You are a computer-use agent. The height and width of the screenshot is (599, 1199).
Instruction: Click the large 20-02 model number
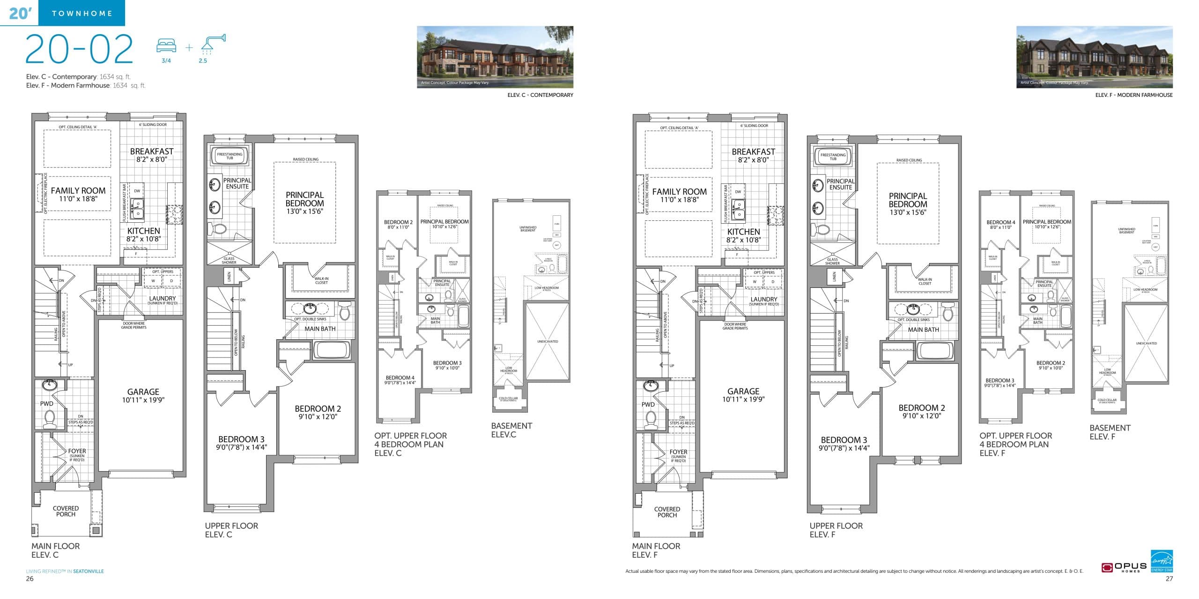79,49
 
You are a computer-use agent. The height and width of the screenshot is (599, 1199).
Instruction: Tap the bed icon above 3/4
166,45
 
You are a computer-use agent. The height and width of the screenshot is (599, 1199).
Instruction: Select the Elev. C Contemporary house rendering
495,57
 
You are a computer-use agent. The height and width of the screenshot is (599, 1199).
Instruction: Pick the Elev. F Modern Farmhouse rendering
1094,57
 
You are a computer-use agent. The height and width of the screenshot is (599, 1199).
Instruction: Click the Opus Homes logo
1124,568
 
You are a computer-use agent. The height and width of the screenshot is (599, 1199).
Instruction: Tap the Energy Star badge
1162,561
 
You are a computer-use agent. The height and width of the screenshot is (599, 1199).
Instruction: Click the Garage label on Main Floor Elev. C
143,392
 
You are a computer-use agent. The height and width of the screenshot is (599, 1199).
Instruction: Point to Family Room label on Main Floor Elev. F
679,191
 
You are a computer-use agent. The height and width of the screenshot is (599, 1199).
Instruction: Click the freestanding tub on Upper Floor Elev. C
229,156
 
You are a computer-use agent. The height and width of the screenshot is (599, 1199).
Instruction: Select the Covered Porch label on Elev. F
667,512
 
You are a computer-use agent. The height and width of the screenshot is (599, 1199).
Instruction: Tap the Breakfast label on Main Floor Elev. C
152,151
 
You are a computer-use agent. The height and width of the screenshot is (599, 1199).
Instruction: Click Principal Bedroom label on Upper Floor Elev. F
908,200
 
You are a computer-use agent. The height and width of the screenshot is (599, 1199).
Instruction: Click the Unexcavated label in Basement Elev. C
548,342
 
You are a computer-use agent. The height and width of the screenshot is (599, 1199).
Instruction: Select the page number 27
1169,579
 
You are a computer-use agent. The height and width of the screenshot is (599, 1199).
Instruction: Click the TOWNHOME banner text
82,14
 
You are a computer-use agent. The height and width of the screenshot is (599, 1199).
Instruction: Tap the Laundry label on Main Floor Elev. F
764,299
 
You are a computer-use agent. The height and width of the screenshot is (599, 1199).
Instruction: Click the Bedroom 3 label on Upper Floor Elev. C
241,439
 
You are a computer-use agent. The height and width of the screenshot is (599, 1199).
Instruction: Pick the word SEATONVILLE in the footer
89,571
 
